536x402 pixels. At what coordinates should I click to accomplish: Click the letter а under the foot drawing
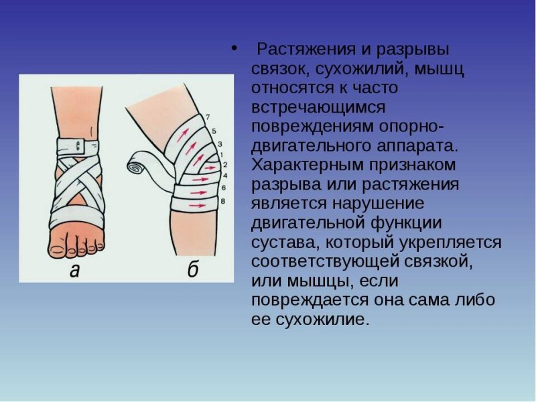(x=75, y=271)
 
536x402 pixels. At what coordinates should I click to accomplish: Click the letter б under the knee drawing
(x=192, y=271)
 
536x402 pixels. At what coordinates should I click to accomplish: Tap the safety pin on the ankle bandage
(x=80, y=143)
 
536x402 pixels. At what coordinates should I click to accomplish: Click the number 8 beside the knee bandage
(x=222, y=201)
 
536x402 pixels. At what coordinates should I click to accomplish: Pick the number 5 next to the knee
(x=214, y=130)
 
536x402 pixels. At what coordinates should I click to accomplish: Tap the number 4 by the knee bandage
(x=223, y=175)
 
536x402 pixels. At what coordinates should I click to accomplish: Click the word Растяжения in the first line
(x=299, y=50)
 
